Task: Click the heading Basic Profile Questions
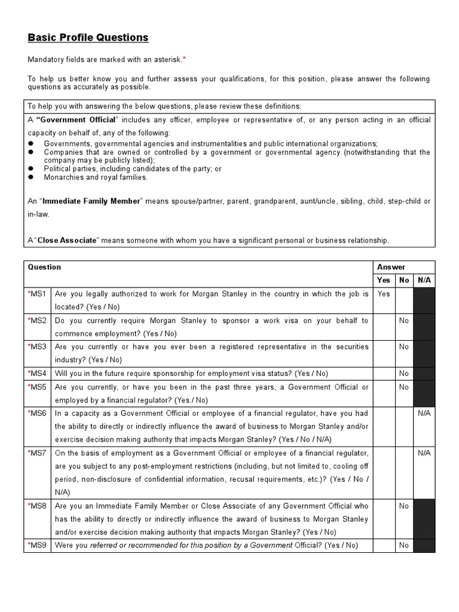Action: click(x=88, y=38)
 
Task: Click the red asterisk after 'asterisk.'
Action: click(x=184, y=59)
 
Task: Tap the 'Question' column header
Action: click(x=45, y=267)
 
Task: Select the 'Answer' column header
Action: click(x=391, y=267)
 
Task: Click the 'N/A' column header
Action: click(x=424, y=280)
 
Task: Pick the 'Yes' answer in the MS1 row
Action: click(x=384, y=294)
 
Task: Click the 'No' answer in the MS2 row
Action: click(x=404, y=320)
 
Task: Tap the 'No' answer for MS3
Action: click(x=404, y=347)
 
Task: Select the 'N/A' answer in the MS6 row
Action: click(x=424, y=413)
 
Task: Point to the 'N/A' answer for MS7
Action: click(x=424, y=453)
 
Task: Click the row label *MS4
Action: click(x=37, y=374)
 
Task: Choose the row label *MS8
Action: click(x=37, y=506)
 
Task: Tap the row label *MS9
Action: click(x=37, y=545)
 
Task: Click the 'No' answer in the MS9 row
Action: click(x=404, y=545)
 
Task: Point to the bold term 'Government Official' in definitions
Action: click(x=78, y=120)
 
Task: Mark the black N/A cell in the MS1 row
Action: click(x=424, y=300)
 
